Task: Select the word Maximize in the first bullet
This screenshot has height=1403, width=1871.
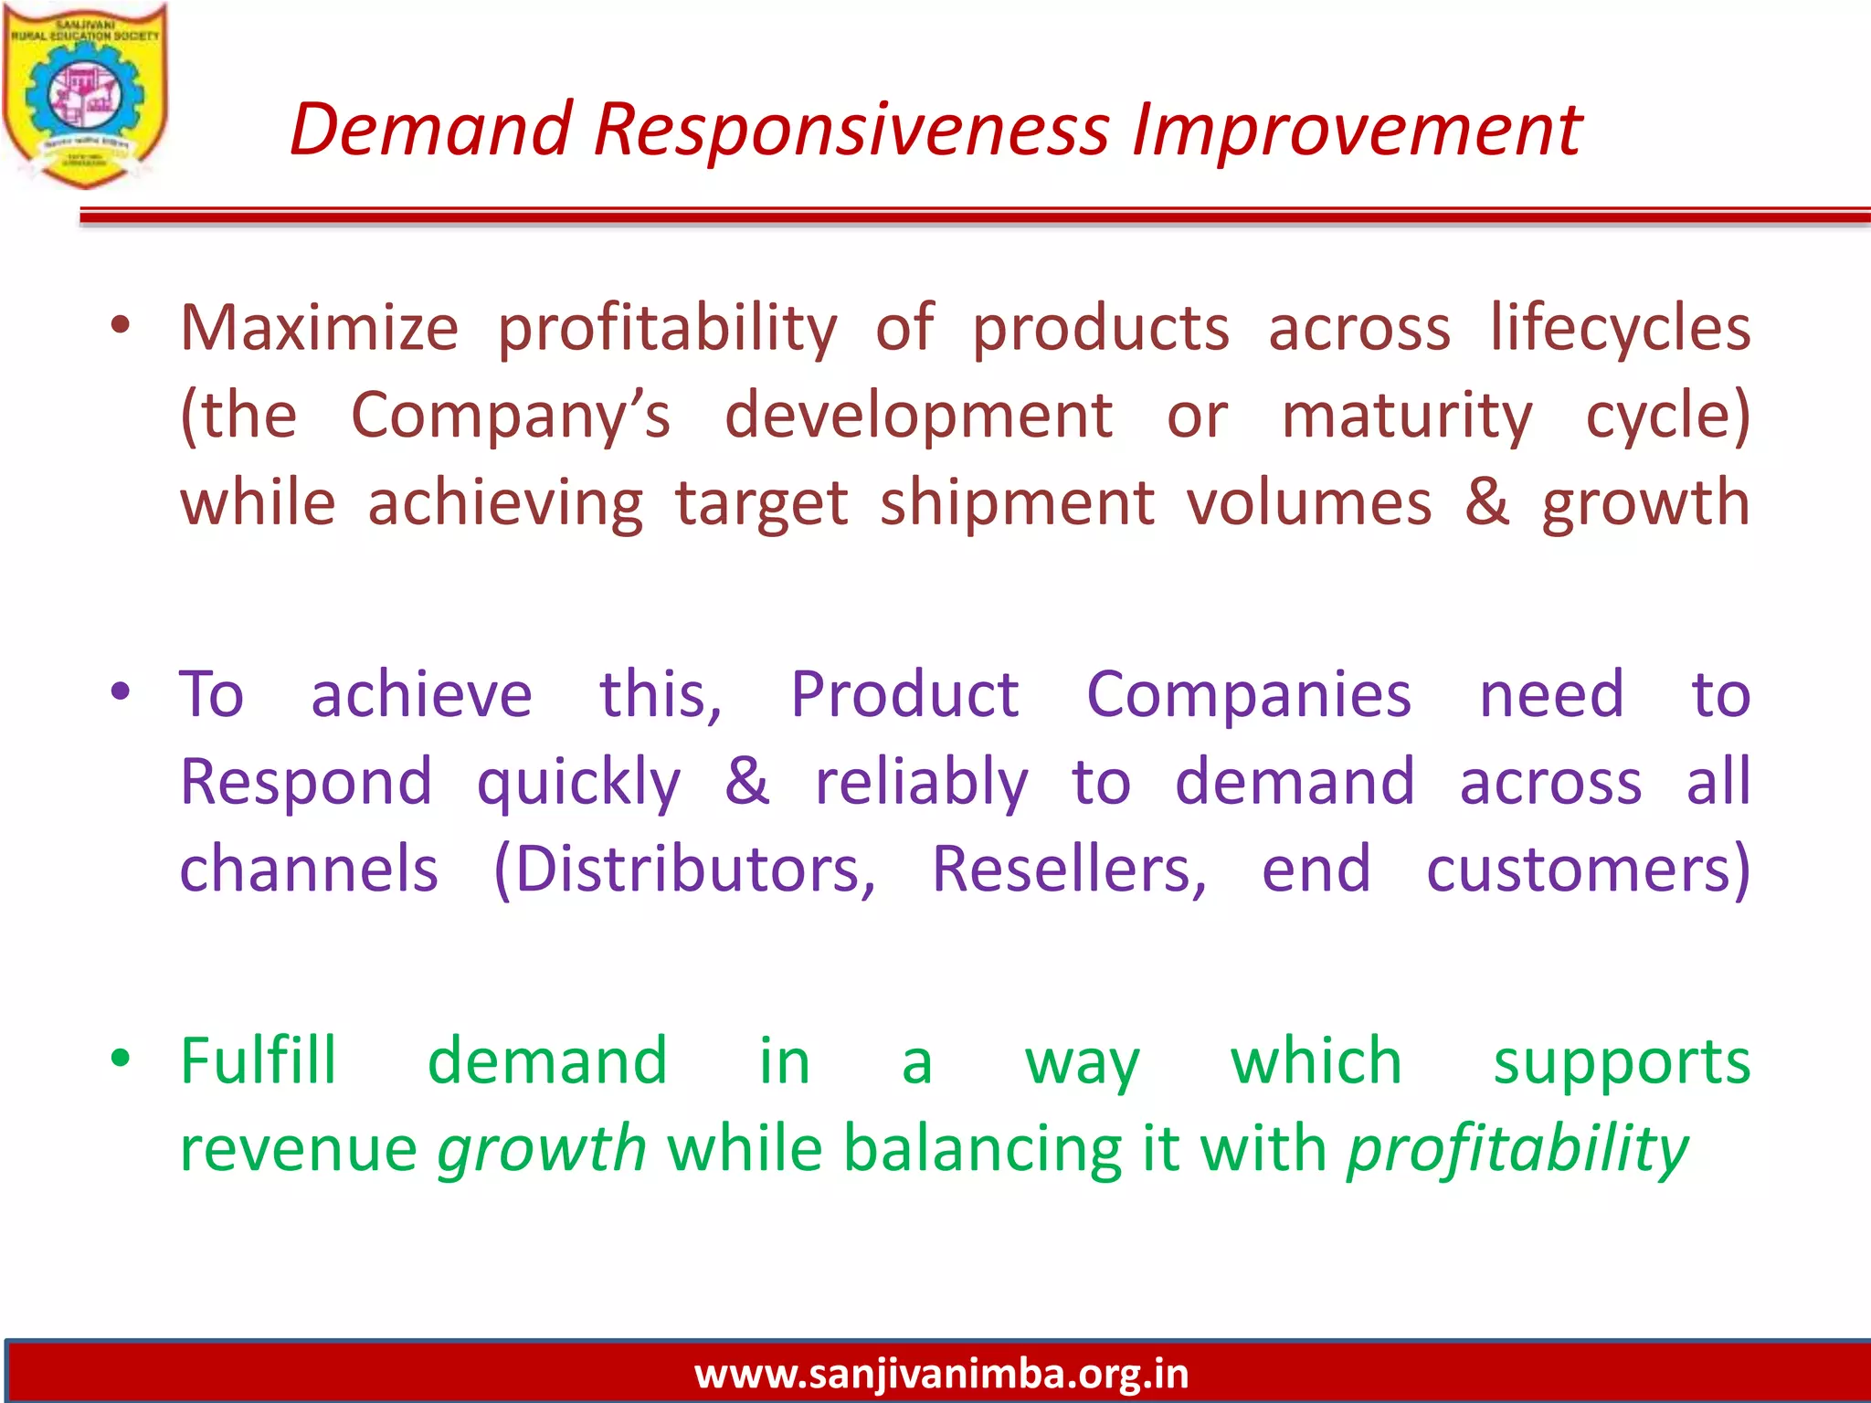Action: click(319, 328)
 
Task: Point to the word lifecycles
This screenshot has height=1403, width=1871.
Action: click(1620, 328)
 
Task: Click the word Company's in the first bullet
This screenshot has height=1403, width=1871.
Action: click(511, 416)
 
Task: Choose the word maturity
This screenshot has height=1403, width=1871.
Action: click(1407, 416)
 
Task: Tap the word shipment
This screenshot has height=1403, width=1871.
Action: click(1017, 503)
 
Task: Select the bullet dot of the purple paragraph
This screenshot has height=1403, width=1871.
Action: click(121, 691)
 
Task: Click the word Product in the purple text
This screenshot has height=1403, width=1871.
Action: click(904, 694)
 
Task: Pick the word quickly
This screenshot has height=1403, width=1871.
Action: click(578, 783)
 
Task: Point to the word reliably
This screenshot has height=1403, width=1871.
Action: click(921, 783)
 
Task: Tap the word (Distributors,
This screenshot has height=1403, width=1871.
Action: click(684, 870)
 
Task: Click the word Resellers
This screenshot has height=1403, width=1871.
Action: click(1068, 870)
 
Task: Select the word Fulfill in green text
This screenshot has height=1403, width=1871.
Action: click(259, 1061)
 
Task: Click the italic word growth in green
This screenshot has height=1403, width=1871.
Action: click(542, 1149)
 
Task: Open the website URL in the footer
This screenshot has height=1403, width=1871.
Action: click(941, 1374)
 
